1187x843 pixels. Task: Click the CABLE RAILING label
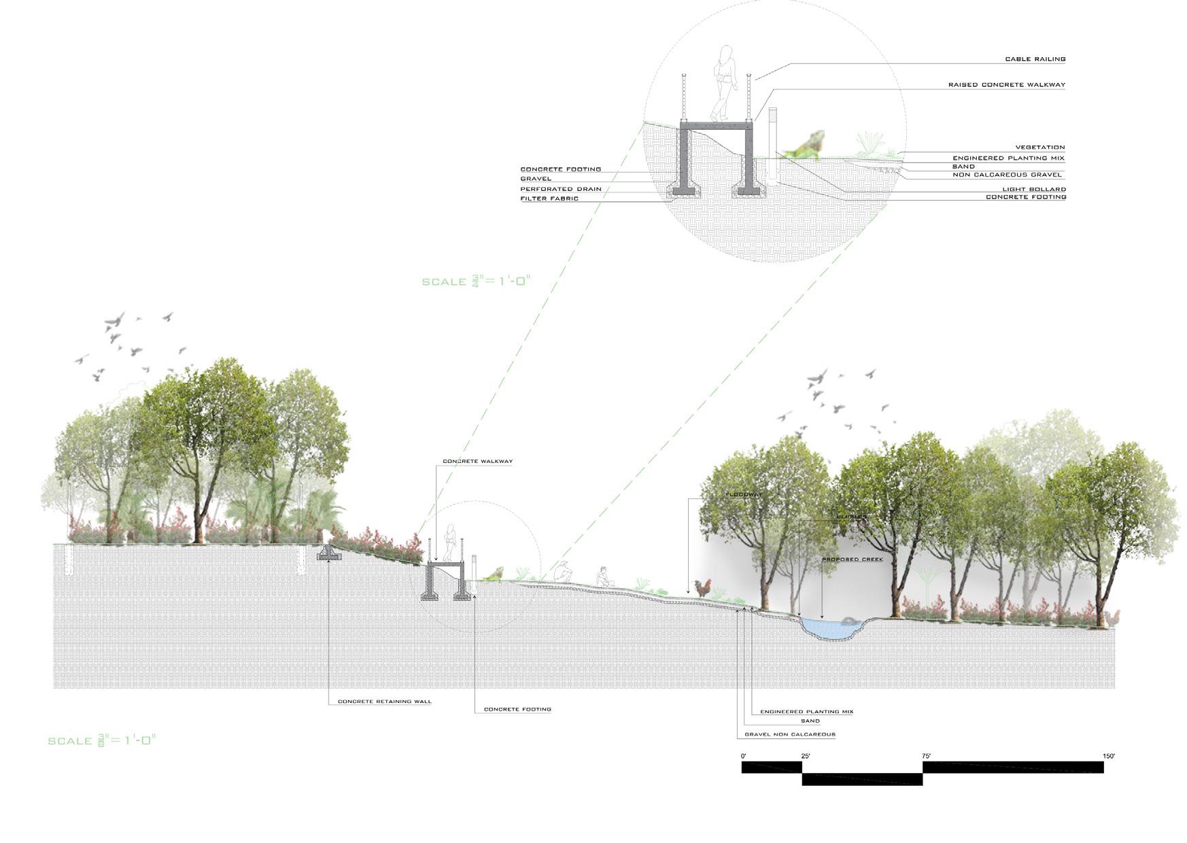pos(1035,59)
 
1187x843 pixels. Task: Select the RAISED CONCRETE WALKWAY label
pos(1006,85)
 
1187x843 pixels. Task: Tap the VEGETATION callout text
pos(1039,147)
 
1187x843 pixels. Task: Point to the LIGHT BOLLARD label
pos(1033,189)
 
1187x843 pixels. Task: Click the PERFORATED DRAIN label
pos(561,189)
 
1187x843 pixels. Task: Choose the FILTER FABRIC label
pos(549,199)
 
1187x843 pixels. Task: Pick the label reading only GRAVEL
pos(536,179)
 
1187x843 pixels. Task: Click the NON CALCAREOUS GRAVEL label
pos(1007,175)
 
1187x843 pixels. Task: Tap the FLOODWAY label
pos(743,494)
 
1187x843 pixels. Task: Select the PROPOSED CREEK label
pos(852,560)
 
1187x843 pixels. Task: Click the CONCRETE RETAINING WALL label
pos(384,702)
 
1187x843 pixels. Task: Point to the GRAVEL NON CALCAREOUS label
pos(789,734)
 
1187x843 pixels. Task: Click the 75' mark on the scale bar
pos(926,756)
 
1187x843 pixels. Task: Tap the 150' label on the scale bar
pos(1109,756)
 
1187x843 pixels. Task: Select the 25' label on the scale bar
pos(806,756)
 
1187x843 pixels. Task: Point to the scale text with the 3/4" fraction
pos(475,281)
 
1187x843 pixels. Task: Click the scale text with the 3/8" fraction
pos(101,740)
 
